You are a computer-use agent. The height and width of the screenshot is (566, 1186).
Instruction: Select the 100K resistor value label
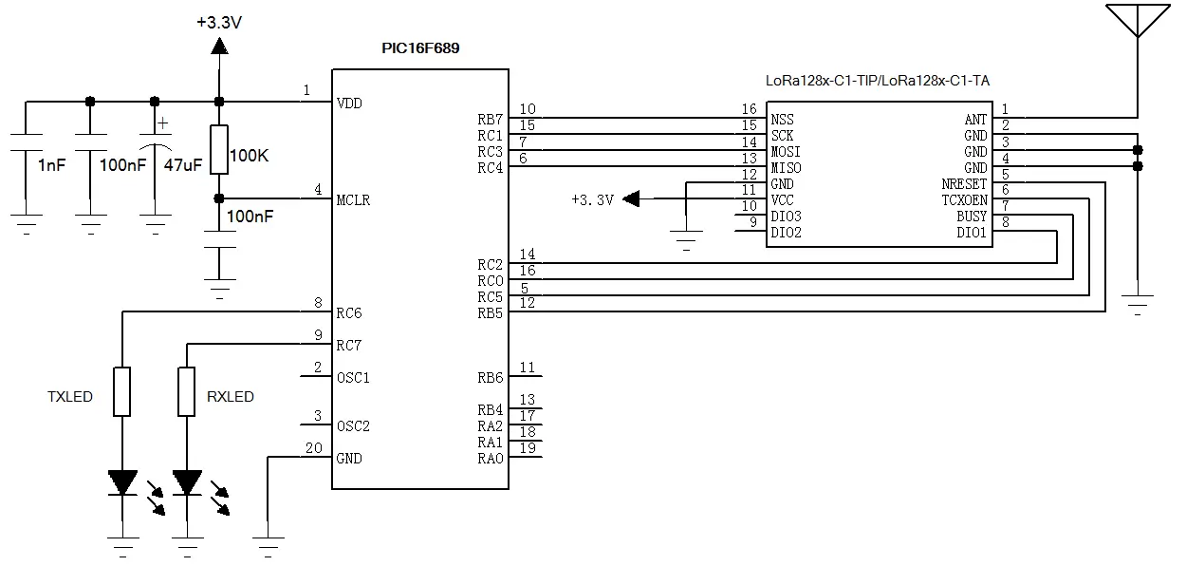pyautogui.click(x=249, y=155)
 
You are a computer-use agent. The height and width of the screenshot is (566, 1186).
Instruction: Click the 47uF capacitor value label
pyautogui.click(x=183, y=164)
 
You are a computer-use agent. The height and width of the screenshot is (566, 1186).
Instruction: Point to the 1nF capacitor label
pyautogui.click(x=51, y=164)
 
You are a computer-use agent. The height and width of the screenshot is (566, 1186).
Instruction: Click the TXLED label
pyautogui.click(x=70, y=396)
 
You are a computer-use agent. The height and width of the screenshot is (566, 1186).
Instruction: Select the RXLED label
pyautogui.click(x=231, y=396)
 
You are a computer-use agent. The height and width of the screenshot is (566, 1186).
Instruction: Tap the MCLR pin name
pyautogui.click(x=354, y=200)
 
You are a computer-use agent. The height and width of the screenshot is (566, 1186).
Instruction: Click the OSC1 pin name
pyautogui.click(x=353, y=377)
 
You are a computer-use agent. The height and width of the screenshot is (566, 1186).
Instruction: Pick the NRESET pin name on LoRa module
pyautogui.click(x=965, y=183)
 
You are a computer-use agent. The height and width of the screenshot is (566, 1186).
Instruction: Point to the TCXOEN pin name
pyautogui.click(x=965, y=200)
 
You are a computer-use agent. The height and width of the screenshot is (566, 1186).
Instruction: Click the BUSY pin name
pyautogui.click(x=971, y=217)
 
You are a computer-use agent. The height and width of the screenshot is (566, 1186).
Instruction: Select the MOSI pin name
pyautogui.click(x=787, y=152)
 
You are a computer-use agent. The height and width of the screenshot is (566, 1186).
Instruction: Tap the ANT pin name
pyautogui.click(x=975, y=119)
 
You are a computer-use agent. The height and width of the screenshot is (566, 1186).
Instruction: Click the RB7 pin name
pyautogui.click(x=490, y=119)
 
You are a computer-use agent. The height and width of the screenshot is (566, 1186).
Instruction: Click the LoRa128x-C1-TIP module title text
pyautogui.click(x=878, y=81)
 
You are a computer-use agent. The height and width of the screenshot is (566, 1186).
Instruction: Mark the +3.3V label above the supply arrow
pyautogui.click(x=219, y=21)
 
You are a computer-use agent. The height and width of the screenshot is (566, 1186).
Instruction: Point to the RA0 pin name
pyautogui.click(x=490, y=459)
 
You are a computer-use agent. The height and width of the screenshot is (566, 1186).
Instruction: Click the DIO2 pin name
pyautogui.click(x=787, y=232)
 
